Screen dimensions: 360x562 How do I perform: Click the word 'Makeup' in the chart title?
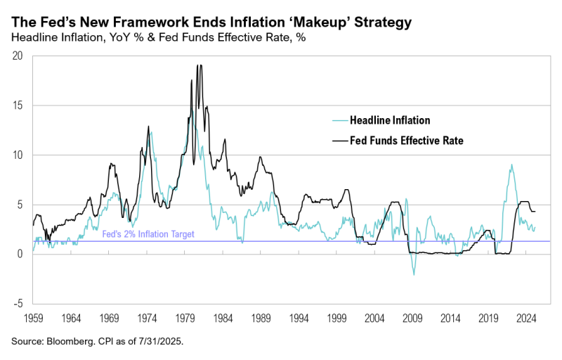pyautogui.click(x=334, y=23)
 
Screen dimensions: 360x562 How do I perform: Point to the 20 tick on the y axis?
pyautogui.click(x=20, y=56)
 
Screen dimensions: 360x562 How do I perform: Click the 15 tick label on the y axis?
pyautogui.click(x=20, y=105)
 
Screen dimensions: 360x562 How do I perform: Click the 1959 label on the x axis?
pyautogui.click(x=33, y=318)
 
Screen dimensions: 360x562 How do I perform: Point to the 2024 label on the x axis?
pyautogui.click(x=524, y=318)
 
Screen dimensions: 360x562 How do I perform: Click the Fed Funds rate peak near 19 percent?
pyautogui.click(x=199, y=65)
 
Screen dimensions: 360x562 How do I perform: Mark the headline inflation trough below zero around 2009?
pyautogui.click(x=414, y=274)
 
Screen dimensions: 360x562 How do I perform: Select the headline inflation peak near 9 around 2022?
pyautogui.click(x=511, y=165)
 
